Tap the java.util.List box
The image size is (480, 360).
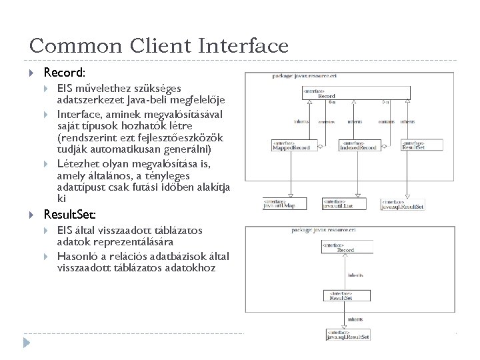(x=338, y=203)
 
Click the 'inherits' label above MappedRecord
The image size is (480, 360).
(x=301, y=121)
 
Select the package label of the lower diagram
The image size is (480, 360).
(x=327, y=230)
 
